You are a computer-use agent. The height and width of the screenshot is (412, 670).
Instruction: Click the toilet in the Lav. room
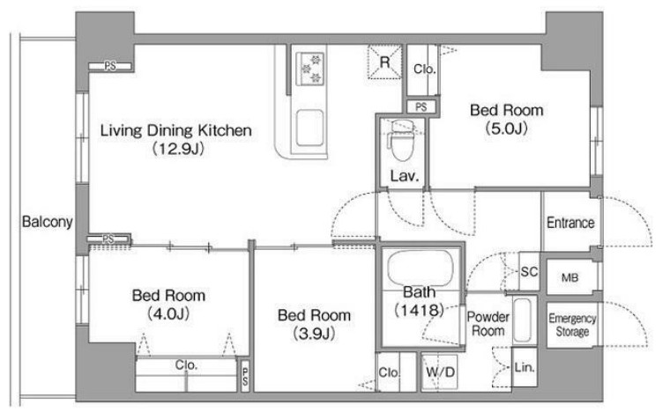(x=402, y=141)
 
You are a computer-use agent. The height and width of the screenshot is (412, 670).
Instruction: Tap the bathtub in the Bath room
(x=420, y=269)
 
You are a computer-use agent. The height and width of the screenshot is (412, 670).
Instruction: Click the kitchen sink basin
(x=309, y=128)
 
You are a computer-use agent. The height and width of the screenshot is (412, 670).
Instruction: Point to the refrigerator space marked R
(x=385, y=63)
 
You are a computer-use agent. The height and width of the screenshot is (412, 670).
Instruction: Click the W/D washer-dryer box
(x=439, y=372)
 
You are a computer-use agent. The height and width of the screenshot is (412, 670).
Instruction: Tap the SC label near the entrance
(x=529, y=272)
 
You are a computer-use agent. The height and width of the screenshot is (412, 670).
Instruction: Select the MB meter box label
(x=570, y=277)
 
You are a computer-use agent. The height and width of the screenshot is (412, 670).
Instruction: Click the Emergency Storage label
(x=572, y=325)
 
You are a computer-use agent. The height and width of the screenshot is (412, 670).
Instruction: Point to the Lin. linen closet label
(x=525, y=367)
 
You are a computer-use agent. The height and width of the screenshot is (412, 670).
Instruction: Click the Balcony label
(x=47, y=222)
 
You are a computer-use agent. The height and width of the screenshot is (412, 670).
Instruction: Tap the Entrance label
(x=570, y=223)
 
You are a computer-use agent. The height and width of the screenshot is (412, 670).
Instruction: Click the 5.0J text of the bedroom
(x=507, y=129)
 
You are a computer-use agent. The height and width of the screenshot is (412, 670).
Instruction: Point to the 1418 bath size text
(x=419, y=310)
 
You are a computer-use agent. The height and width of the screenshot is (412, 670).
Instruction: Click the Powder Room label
(x=488, y=324)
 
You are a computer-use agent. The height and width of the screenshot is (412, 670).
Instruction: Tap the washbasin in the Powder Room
(x=522, y=320)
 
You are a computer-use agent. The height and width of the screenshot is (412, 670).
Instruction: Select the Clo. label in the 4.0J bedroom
(x=186, y=365)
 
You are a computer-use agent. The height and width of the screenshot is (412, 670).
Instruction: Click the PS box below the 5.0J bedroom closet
(x=421, y=107)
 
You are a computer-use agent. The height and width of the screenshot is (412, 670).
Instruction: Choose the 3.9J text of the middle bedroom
(x=315, y=334)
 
